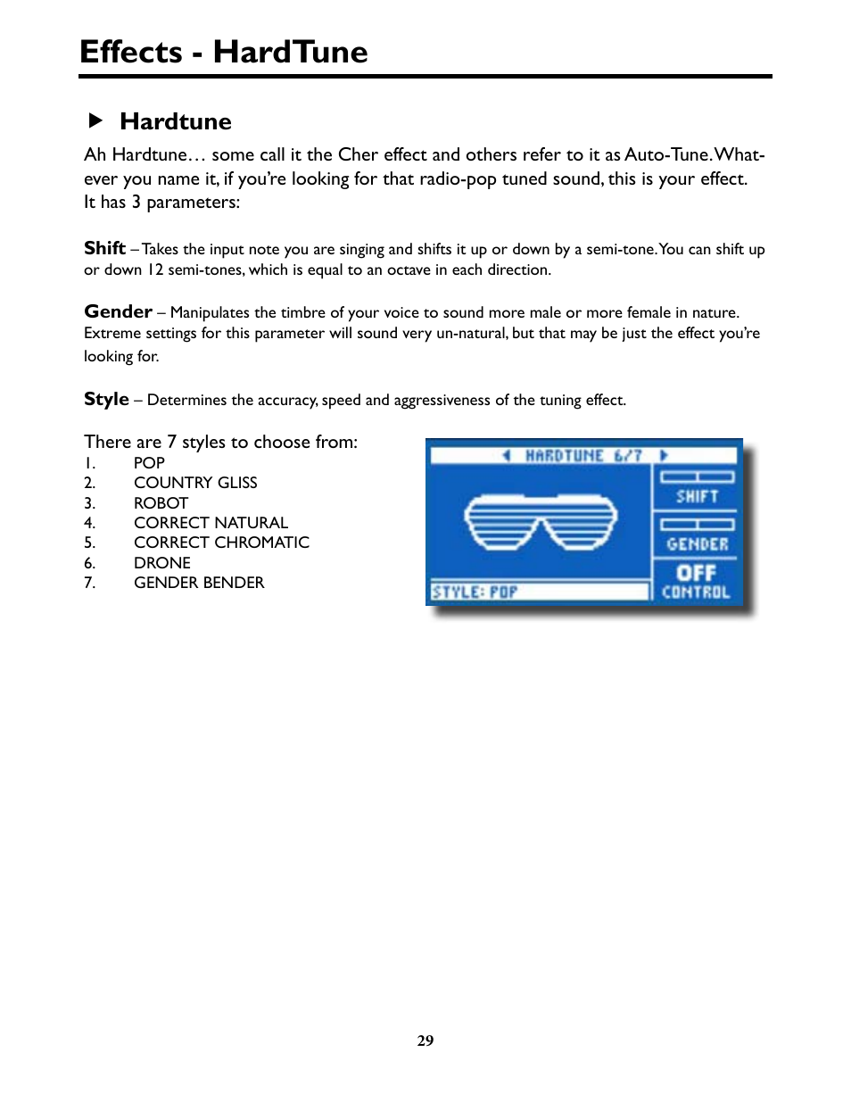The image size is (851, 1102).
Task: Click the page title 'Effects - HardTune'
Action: pyautogui.click(x=223, y=52)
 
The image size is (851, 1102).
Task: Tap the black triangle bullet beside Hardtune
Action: pyautogui.click(x=96, y=120)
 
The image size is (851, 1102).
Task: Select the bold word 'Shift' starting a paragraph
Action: pyautogui.click(x=104, y=248)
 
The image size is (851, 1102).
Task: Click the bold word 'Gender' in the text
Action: pyautogui.click(x=118, y=311)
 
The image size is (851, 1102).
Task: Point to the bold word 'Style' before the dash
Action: pyautogui.click(x=106, y=399)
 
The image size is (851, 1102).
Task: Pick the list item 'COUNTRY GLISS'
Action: pyautogui.click(x=195, y=483)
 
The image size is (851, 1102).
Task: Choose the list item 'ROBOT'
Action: pyautogui.click(x=161, y=503)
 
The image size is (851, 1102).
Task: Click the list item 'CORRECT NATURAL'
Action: pyautogui.click(x=211, y=523)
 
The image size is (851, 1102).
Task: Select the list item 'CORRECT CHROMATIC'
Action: pyautogui.click(x=221, y=543)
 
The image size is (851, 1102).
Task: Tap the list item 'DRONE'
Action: pyautogui.click(x=161, y=563)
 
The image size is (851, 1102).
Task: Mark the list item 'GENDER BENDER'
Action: pyautogui.click(x=199, y=583)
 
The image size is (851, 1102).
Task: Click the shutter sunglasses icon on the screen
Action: pyautogui.click(x=541, y=521)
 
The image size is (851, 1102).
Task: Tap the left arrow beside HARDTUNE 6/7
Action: pyautogui.click(x=506, y=455)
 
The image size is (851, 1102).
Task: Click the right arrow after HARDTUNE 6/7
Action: pyautogui.click(x=663, y=455)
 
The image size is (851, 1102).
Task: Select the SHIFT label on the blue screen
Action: pyautogui.click(x=697, y=496)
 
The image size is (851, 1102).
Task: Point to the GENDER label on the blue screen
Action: pyautogui.click(x=698, y=543)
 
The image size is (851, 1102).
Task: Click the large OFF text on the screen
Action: pyautogui.click(x=696, y=573)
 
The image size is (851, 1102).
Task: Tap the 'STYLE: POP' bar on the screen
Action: pyautogui.click(x=539, y=592)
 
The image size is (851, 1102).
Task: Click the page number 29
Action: pyautogui.click(x=425, y=1040)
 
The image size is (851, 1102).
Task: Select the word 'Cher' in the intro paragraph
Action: pyautogui.click(x=358, y=154)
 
